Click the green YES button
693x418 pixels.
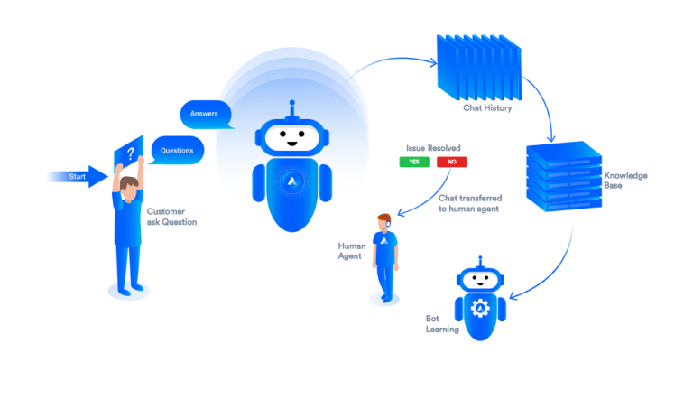coord(414,162)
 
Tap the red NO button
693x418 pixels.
coord(451,162)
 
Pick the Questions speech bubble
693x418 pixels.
coord(177,149)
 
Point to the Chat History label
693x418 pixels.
coord(487,108)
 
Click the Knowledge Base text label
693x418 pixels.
coord(625,181)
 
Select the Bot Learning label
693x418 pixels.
coord(442,324)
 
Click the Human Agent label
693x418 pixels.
coord(350,250)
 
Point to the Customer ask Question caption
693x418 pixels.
coord(171,217)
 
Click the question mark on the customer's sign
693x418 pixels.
coord(130,153)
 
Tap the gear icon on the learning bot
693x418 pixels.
coord(480,308)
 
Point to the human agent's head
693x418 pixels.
coord(385,221)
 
